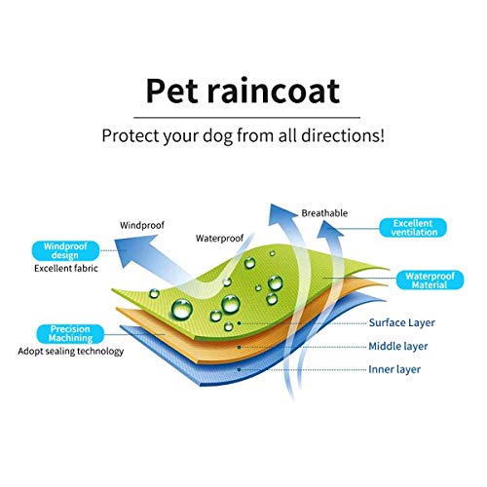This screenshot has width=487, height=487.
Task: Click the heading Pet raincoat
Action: click(243, 92)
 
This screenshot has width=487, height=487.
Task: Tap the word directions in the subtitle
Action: click(343, 135)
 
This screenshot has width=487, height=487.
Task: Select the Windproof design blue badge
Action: click(65, 250)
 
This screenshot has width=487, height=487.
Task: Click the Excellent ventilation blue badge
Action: click(413, 228)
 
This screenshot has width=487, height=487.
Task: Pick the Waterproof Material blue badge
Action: click(430, 281)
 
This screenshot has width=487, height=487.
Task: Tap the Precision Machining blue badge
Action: click(70, 334)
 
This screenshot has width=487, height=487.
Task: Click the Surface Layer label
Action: click(402, 322)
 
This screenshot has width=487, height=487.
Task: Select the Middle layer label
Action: click(398, 347)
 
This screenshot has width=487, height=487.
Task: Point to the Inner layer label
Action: click(394, 369)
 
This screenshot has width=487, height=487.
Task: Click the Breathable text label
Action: click(324, 213)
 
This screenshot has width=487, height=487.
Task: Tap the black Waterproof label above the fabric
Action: click(219, 239)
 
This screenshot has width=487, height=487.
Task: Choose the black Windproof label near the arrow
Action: click(142, 225)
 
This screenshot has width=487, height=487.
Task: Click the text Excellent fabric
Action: click(66, 269)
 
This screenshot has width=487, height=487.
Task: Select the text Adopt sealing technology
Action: click(71, 352)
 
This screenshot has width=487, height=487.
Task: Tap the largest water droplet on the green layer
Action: click(182, 309)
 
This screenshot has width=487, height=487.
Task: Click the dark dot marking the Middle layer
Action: click(240, 347)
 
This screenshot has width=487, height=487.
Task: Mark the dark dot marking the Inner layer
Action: click(240, 369)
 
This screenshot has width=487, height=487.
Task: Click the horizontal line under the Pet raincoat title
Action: click(247, 117)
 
